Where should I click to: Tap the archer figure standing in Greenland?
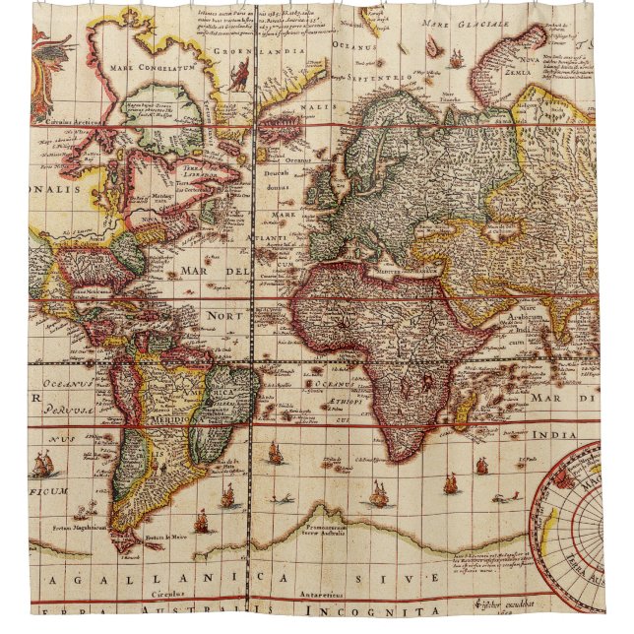pyautogui.click(x=237, y=75)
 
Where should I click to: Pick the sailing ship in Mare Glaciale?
pyautogui.click(x=456, y=59)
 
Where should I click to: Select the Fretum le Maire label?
pyautogui.click(x=165, y=537)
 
